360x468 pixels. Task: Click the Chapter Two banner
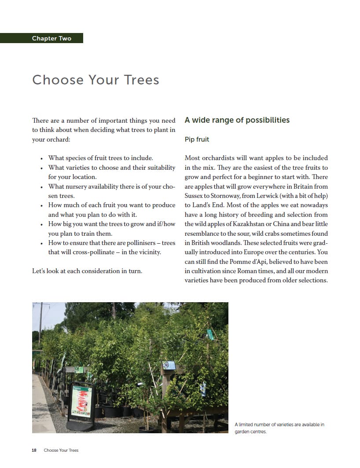click(x=51, y=38)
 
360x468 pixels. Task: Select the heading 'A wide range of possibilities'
click(x=237, y=120)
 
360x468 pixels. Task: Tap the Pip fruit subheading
click(x=197, y=139)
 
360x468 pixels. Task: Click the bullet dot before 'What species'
click(x=41, y=158)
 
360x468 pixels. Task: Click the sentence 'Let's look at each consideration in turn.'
click(x=87, y=271)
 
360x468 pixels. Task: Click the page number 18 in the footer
click(x=34, y=450)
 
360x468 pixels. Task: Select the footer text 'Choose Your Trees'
click(x=61, y=450)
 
